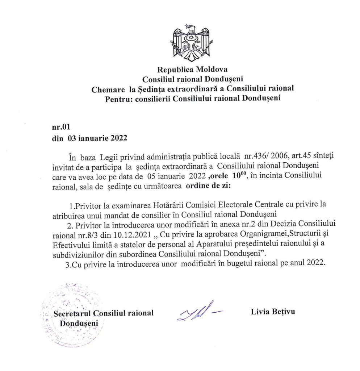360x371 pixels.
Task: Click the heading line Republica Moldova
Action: (192, 70)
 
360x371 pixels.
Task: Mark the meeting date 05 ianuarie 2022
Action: (172, 176)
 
